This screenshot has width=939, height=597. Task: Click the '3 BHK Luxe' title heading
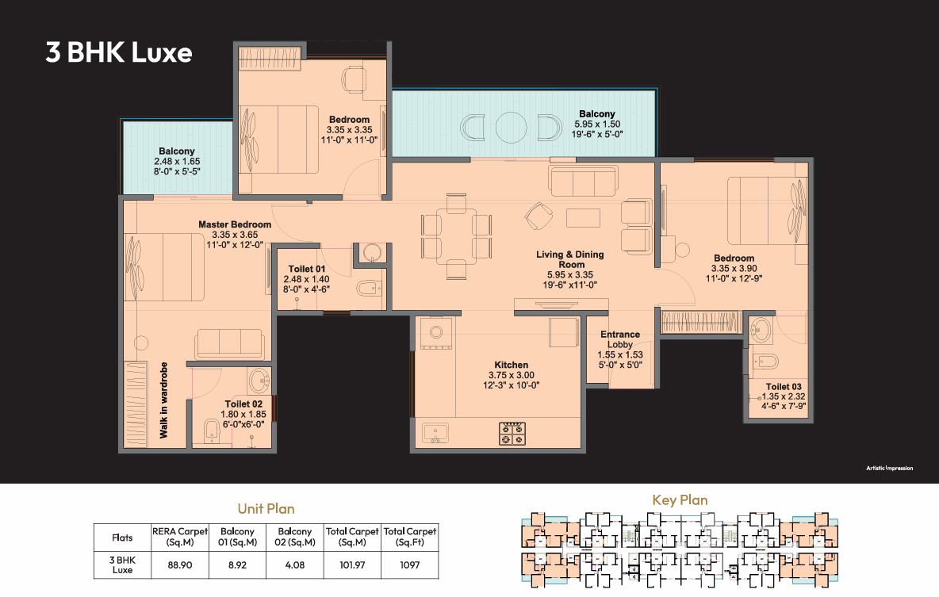tap(119, 52)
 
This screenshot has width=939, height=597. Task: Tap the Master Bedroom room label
tap(235, 224)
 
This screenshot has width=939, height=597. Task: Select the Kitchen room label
tap(512, 365)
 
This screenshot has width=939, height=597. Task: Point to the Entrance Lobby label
tap(620, 339)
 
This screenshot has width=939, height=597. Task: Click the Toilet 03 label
tap(784, 387)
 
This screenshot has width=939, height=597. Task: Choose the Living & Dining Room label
tap(570, 259)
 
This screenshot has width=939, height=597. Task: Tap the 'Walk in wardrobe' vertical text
tap(163, 400)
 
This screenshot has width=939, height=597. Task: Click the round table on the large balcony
tap(511, 127)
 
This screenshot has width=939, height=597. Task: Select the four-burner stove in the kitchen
tap(512, 434)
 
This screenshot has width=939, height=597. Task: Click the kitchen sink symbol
tap(435, 432)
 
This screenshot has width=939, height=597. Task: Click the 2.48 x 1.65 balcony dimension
tap(177, 161)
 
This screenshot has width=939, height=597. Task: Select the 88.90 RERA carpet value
tap(180, 564)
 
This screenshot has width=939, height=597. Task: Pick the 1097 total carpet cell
tap(409, 564)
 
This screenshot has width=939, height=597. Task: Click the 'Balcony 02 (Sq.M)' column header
tap(295, 537)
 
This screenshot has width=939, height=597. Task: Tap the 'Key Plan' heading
tap(680, 500)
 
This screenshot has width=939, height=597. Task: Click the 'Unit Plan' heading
tap(266, 509)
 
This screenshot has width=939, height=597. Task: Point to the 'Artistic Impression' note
tap(889, 469)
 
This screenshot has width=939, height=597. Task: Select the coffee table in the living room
tap(583, 217)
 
